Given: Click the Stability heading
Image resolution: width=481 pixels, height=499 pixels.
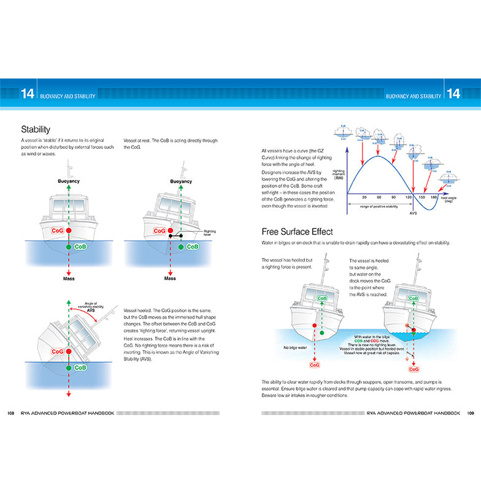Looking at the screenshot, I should (36, 129).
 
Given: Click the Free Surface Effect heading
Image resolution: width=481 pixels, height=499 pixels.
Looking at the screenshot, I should (297, 231).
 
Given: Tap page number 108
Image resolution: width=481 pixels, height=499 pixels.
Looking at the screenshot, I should (10, 413).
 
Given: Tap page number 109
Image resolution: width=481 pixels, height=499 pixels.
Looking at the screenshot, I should (470, 413).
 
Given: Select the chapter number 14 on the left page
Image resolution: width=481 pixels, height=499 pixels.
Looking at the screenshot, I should (27, 94).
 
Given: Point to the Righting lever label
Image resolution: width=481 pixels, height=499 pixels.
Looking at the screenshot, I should (210, 233).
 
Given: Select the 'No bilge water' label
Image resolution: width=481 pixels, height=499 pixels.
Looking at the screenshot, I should (294, 346).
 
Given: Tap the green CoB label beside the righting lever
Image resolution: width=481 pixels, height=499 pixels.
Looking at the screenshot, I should (192, 246).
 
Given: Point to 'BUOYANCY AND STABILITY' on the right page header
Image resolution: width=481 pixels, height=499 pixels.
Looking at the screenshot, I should (414, 96).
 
